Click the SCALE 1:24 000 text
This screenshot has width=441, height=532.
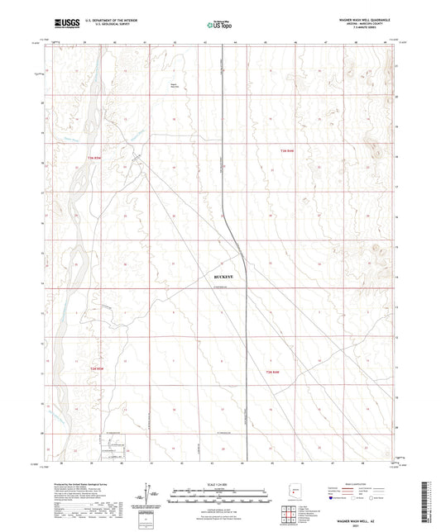(221, 485)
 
